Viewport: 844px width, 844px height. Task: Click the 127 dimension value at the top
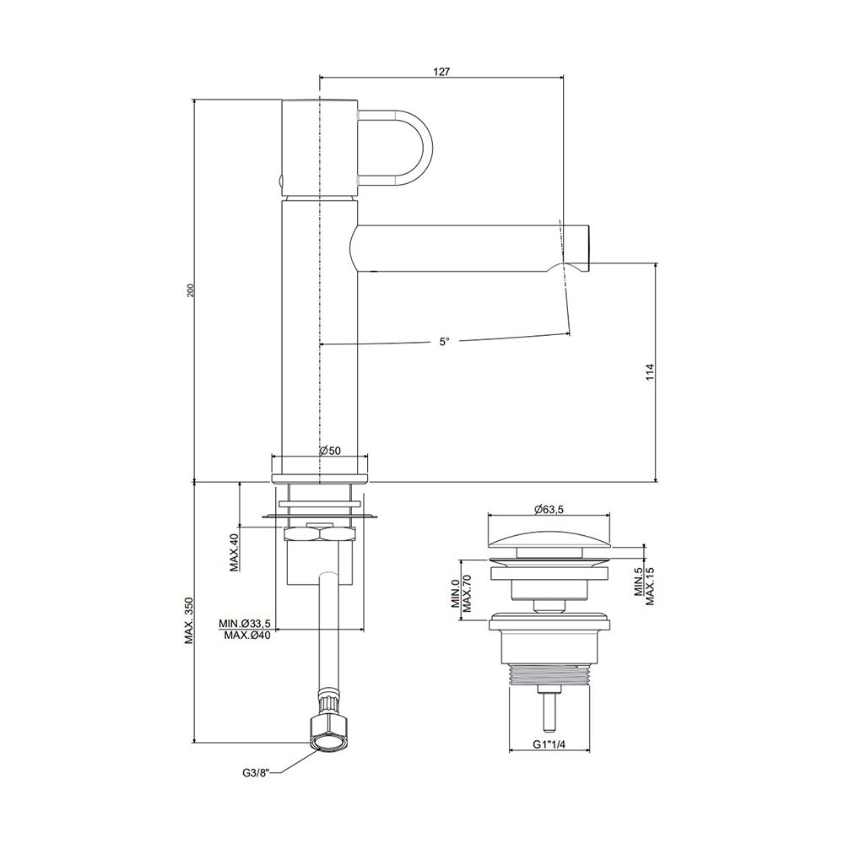pyautogui.click(x=441, y=72)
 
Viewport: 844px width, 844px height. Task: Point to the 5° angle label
pyautogui.click(x=444, y=341)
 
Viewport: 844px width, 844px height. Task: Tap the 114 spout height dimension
pyautogui.click(x=650, y=372)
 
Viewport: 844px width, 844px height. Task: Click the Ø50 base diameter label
pyautogui.click(x=330, y=451)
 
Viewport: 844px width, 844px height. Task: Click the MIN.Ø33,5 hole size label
pyautogui.click(x=244, y=624)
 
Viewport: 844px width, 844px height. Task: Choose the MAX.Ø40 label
pyautogui.click(x=247, y=636)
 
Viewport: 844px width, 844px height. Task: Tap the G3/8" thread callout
pyautogui.click(x=254, y=774)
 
